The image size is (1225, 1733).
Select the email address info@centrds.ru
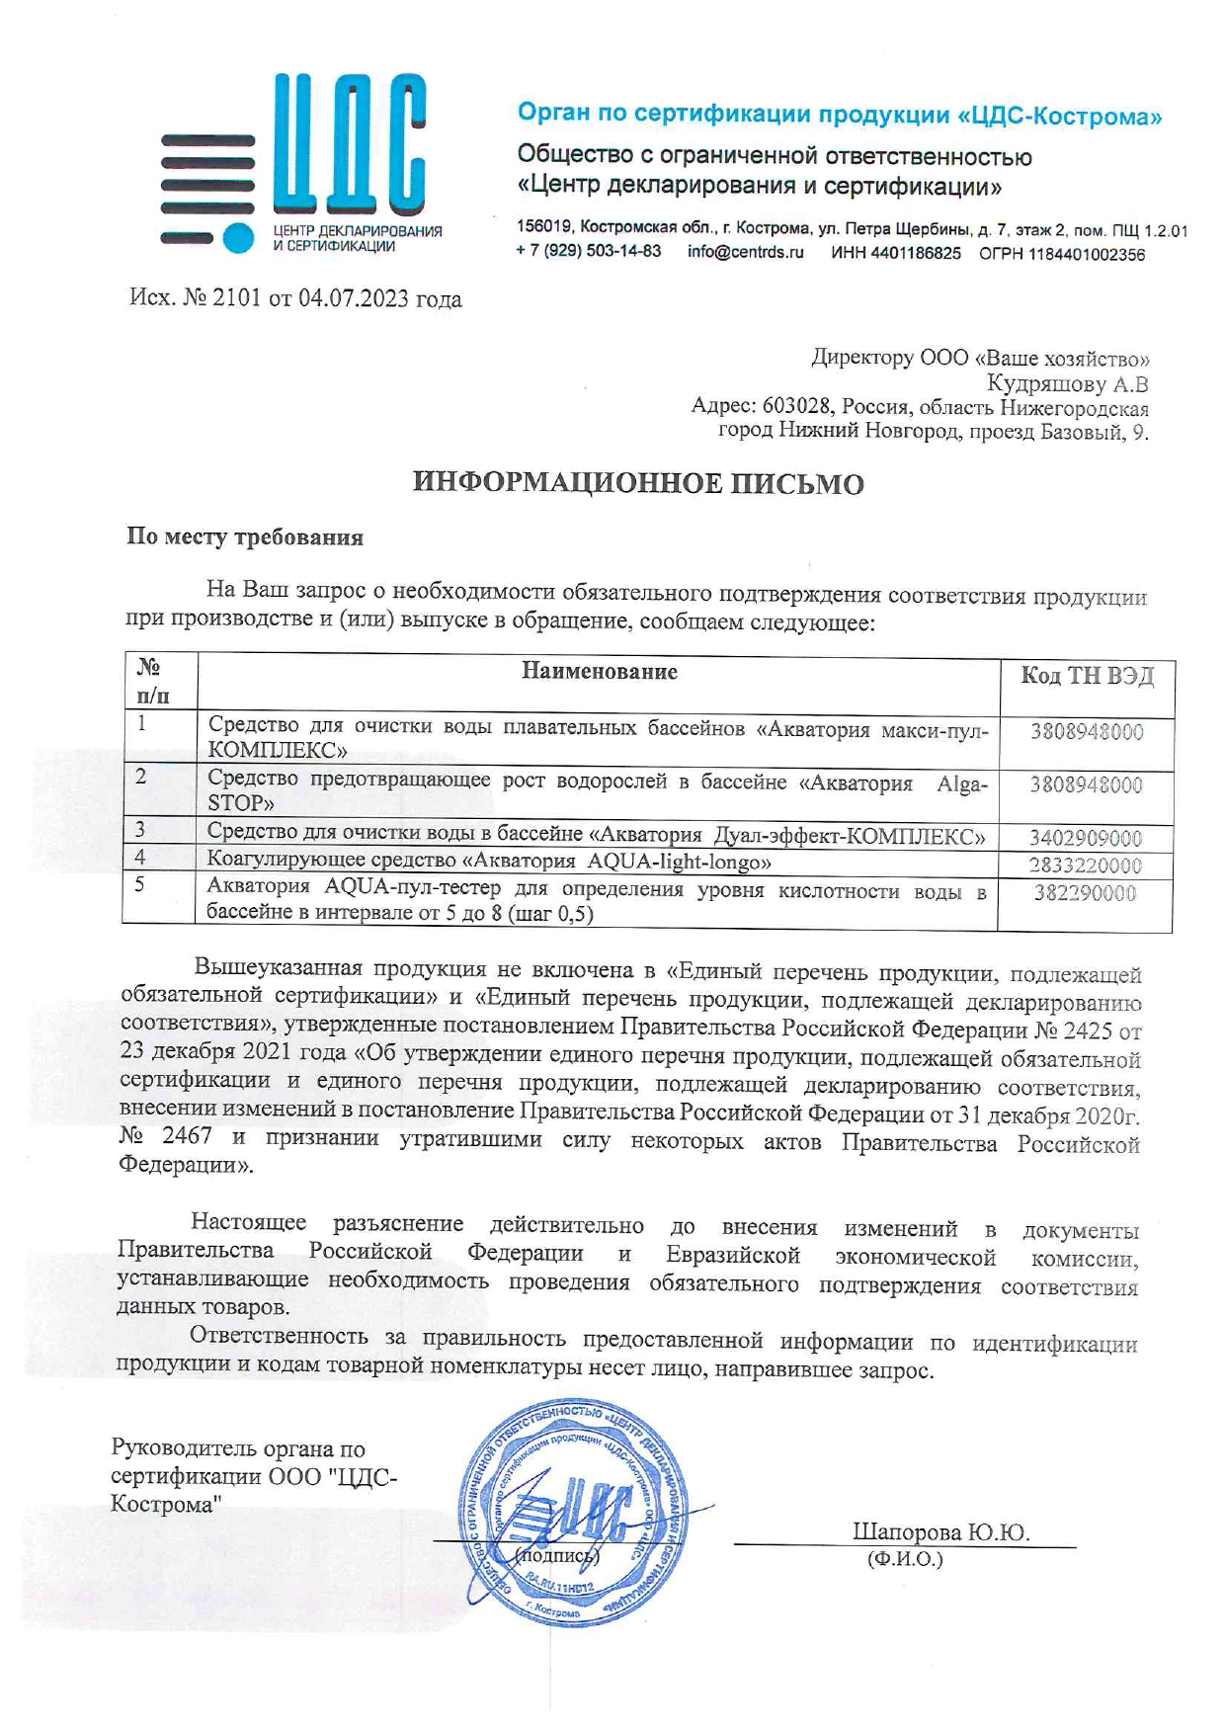click(x=745, y=253)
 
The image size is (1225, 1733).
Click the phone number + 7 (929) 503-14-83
click(x=588, y=252)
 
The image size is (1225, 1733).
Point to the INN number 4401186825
click(x=923, y=254)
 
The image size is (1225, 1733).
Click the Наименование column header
click(x=599, y=672)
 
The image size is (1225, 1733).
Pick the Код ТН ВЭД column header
click(x=1087, y=677)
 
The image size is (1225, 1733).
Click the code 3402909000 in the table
click(x=1085, y=839)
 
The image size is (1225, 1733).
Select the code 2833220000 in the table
click(x=1085, y=866)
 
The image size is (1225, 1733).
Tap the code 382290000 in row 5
click(x=1085, y=894)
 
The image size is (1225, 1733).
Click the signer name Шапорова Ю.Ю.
click(x=940, y=1532)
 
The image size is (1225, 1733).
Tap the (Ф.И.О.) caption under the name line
click(x=904, y=1560)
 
